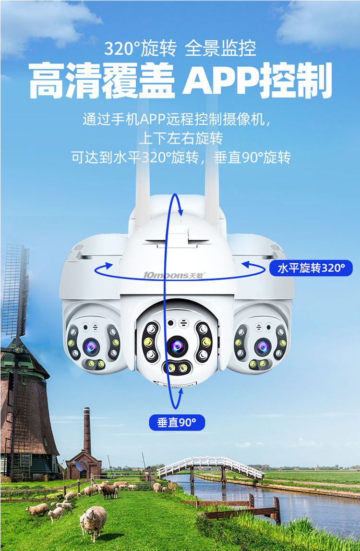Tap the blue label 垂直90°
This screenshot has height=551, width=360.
click(177, 422)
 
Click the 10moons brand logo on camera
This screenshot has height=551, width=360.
click(174, 275)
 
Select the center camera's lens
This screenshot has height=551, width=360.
click(177, 344)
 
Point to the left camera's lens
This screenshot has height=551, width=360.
click(91, 346)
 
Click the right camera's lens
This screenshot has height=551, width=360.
click(263, 346)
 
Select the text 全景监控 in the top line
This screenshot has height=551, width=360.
click(221, 49)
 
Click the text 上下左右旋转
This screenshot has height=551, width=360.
click(180, 138)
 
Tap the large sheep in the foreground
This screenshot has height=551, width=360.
click(94, 521)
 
